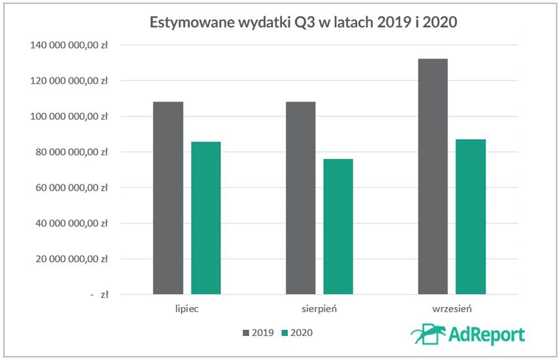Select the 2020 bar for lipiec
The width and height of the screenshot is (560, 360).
pyautogui.click(x=206, y=218)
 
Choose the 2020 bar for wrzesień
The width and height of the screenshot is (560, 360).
pyautogui.click(x=471, y=217)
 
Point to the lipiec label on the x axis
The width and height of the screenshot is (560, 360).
pyautogui.click(x=187, y=309)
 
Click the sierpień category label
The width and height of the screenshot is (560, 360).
pyautogui.click(x=319, y=309)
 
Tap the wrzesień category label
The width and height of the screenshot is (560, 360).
pyautogui.click(x=452, y=309)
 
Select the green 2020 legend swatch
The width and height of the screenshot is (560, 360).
pyautogui.click(x=285, y=333)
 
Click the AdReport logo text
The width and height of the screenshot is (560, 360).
pyautogui.click(x=487, y=335)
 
